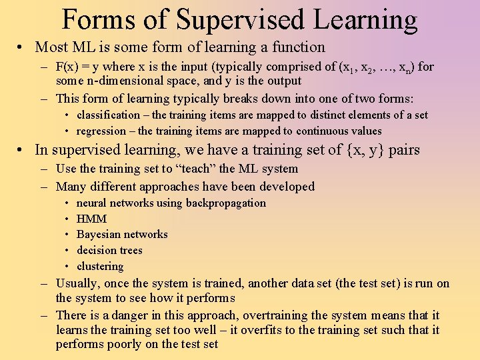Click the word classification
click(x=108, y=115)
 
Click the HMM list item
click(x=91, y=219)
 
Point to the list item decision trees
click(x=109, y=250)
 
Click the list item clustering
click(x=100, y=266)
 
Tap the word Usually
click(x=77, y=283)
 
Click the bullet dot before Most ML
click(x=22, y=47)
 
